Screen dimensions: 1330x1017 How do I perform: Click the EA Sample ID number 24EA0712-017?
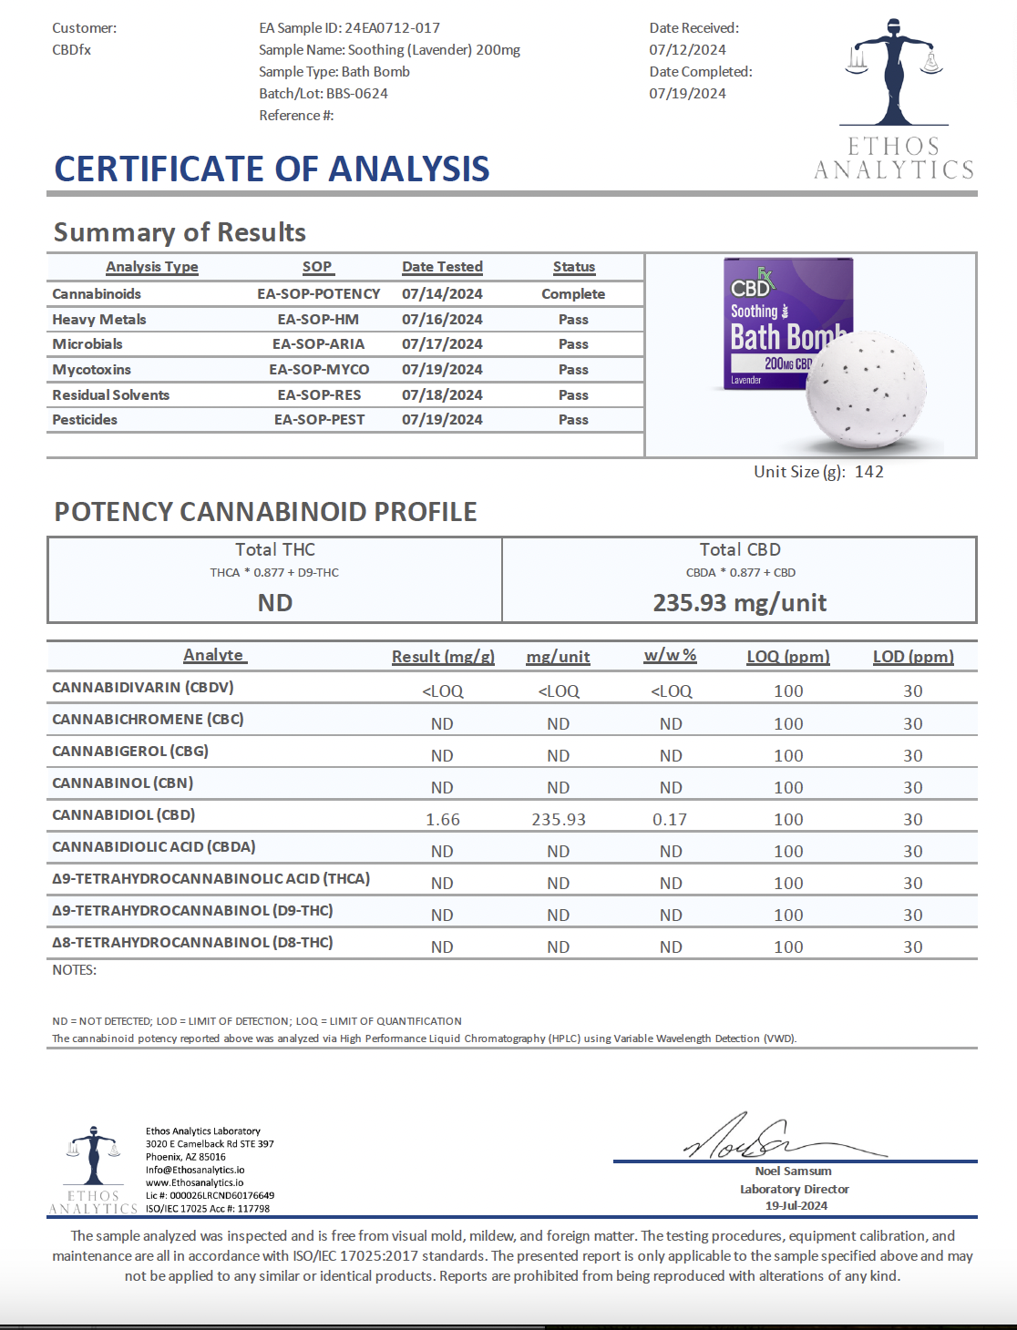tap(392, 28)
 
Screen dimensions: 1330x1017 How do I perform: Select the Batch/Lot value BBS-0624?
tap(357, 94)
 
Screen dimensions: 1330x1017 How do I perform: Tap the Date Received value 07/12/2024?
tap(687, 50)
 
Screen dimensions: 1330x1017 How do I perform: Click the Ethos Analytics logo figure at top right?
tap(893, 73)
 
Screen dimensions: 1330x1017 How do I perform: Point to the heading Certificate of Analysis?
tap(272, 169)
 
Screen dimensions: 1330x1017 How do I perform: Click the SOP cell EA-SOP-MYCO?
tap(319, 370)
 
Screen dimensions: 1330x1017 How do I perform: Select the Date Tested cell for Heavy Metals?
tap(442, 320)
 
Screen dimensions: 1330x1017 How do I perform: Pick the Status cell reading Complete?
tap(573, 294)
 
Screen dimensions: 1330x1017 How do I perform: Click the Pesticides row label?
tap(85, 420)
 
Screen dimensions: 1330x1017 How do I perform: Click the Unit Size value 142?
tap(868, 472)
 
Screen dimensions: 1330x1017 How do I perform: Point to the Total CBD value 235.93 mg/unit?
tap(740, 603)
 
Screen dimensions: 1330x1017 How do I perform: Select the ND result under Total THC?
tap(275, 603)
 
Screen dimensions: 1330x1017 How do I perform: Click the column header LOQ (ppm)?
tap(788, 657)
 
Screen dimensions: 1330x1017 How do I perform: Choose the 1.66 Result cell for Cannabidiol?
tap(443, 820)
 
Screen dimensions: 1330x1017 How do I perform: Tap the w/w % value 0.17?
tap(670, 820)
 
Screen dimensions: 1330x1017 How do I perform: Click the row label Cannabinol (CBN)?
tap(123, 783)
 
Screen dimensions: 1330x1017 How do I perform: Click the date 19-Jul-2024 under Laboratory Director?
tap(796, 1206)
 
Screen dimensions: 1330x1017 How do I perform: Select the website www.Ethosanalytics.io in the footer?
tap(195, 1182)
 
